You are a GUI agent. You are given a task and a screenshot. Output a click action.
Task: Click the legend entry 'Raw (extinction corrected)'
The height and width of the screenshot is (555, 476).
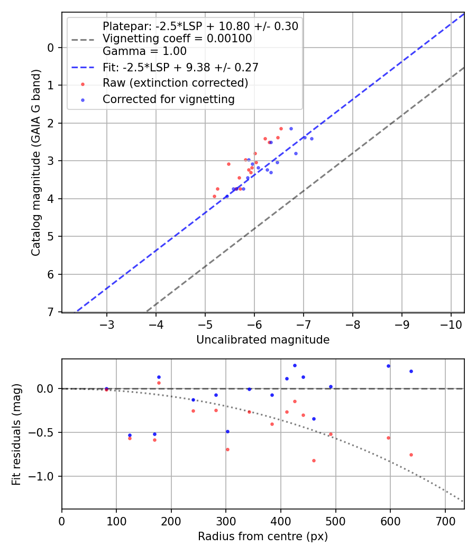pyautogui.click(x=175, y=83)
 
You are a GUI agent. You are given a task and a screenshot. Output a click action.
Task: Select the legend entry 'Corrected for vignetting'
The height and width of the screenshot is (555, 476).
pyautogui.click(x=168, y=99)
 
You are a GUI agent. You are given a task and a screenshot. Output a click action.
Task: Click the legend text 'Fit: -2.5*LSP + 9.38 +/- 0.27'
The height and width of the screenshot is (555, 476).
pyautogui.click(x=180, y=67)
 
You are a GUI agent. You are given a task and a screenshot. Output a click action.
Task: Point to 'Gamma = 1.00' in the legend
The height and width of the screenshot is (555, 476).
pyautogui.click(x=144, y=51)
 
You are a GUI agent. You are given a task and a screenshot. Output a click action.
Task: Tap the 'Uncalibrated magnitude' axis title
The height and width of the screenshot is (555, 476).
pyautogui.click(x=263, y=340)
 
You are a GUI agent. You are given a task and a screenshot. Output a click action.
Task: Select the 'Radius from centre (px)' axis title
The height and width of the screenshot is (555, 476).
pyautogui.click(x=263, y=536)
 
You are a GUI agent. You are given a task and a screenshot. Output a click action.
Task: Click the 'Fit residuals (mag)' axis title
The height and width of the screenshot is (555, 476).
pyautogui.click(x=16, y=434)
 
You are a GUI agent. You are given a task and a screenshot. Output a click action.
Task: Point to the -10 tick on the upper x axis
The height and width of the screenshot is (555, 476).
pyautogui.click(x=451, y=322)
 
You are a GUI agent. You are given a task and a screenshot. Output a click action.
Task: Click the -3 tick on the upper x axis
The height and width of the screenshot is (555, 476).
pyautogui.click(x=107, y=322)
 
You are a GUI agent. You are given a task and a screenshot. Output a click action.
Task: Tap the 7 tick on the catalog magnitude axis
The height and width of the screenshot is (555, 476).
pyautogui.click(x=51, y=312)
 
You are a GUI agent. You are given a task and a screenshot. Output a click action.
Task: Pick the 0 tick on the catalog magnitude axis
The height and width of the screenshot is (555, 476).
pyautogui.click(x=51, y=48)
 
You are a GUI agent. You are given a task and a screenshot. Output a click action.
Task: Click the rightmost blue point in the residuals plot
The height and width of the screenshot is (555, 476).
pyautogui.click(x=411, y=371)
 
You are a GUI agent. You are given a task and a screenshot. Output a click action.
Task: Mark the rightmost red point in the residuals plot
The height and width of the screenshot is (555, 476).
pyautogui.click(x=411, y=455)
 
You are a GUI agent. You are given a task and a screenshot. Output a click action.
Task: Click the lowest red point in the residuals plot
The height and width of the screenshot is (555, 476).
pyautogui.click(x=314, y=460)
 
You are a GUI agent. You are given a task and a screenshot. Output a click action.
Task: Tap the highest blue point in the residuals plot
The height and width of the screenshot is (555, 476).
pyautogui.click(x=295, y=365)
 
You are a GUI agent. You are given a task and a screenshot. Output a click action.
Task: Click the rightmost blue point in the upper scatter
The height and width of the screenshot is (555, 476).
pyautogui.click(x=312, y=138)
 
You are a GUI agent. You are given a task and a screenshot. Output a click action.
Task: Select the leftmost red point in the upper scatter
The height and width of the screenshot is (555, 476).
pyautogui.click(x=214, y=196)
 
